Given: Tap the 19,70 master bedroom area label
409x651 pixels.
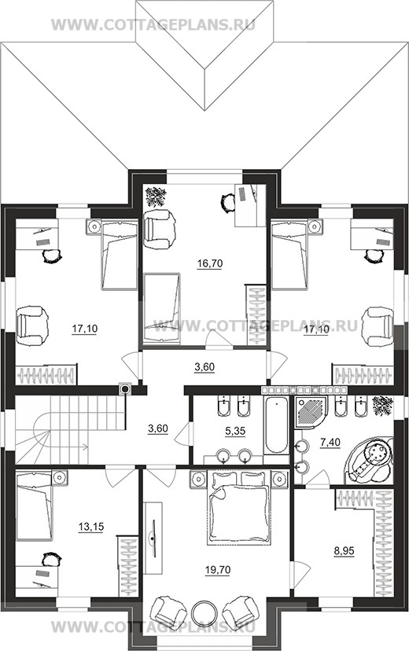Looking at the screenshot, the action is pyautogui.click(x=218, y=570).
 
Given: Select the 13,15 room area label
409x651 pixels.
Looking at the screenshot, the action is pyautogui.click(x=91, y=527).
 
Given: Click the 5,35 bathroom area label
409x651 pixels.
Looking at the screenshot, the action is pyautogui.click(x=235, y=431).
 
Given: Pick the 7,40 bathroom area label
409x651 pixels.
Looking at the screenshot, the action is pyautogui.click(x=330, y=443).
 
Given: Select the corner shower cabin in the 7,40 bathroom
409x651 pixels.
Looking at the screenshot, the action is pyautogui.click(x=311, y=412).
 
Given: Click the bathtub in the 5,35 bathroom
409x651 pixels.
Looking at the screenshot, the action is pyautogui.click(x=275, y=425).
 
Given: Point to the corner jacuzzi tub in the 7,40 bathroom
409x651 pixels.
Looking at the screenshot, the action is pyautogui.click(x=370, y=460).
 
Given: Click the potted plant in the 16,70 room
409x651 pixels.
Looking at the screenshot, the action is pyautogui.click(x=156, y=197).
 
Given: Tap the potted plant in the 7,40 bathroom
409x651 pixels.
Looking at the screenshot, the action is pyautogui.click(x=382, y=405).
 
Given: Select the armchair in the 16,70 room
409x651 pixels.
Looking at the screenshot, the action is pyautogui.click(x=158, y=230).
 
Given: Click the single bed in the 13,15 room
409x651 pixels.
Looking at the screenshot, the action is pyautogui.click(x=35, y=506).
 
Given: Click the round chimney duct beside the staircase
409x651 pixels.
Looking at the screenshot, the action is pyautogui.click(x=124, y=388).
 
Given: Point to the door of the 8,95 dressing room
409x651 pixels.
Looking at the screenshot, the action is pyautogui.click(x=301, y=574).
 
